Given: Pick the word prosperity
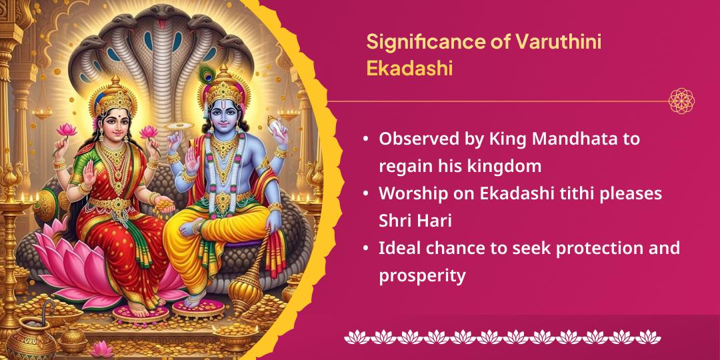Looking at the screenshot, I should pyautogui.click(x=422, y=275).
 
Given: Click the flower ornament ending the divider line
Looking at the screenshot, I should pyautogui.click(x=681, y=101).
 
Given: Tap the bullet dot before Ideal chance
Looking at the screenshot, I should pyautogui.click(x=366, y=248).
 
